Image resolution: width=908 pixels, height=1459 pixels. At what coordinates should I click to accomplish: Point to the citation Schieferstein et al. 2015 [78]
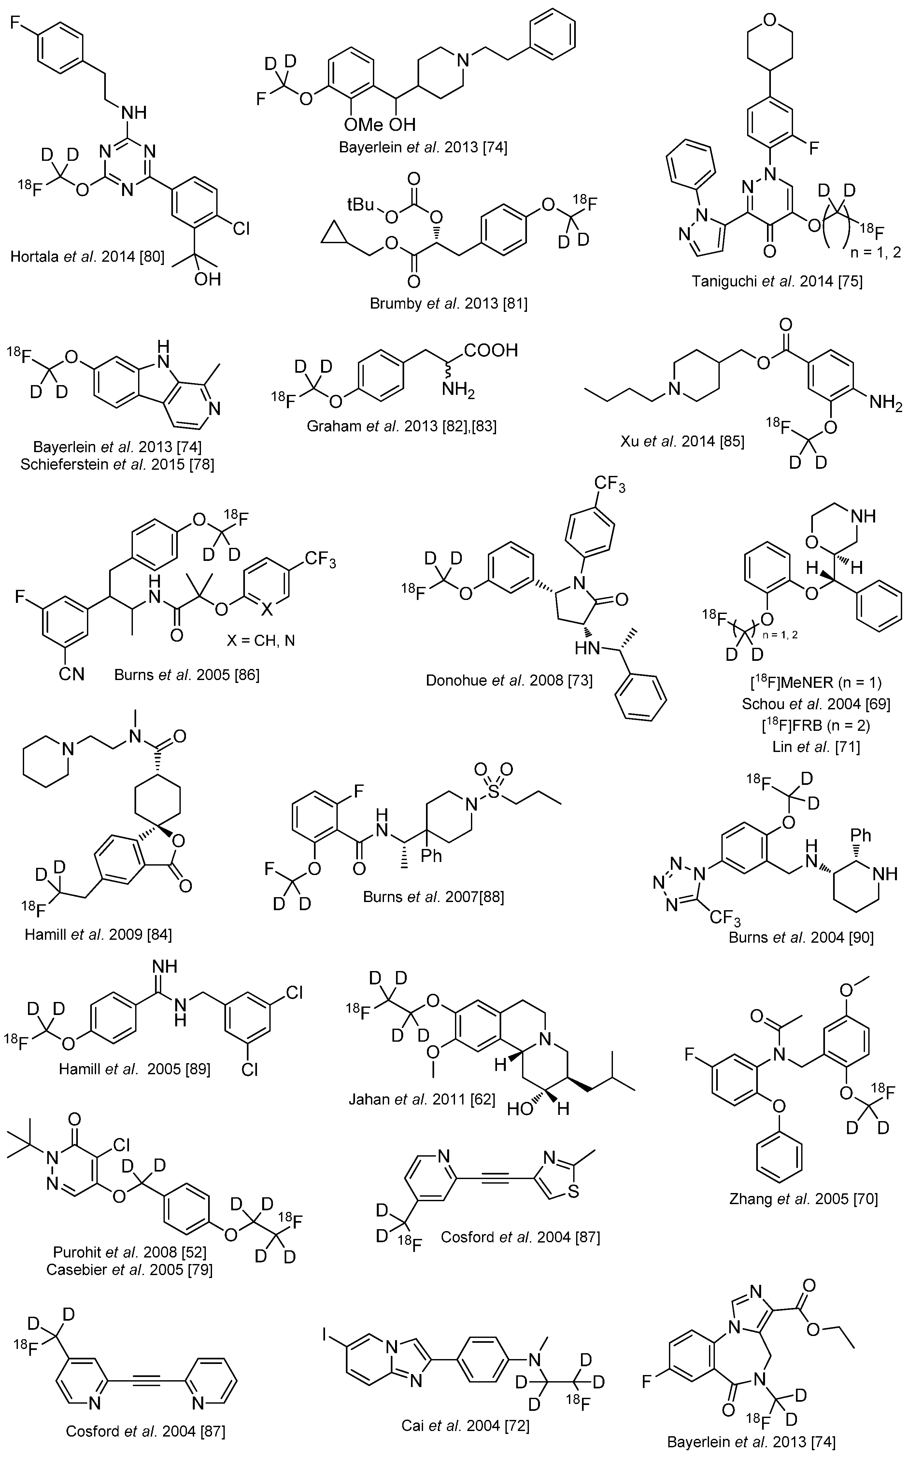click(117, 465)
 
